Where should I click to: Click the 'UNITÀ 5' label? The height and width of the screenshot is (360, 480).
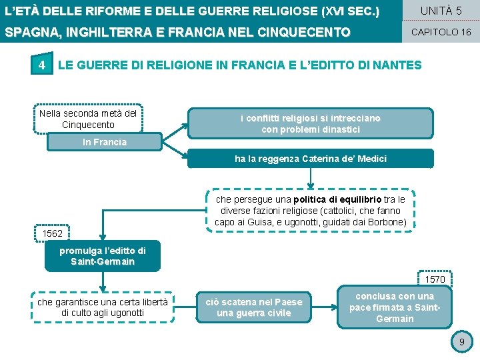441,11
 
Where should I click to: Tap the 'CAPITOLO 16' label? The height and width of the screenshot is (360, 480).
441,32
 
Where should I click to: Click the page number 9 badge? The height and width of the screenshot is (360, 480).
460,343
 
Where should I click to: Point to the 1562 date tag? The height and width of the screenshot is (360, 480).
53,234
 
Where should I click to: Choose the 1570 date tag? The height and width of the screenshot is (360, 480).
435,279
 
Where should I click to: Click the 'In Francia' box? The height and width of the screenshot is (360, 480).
105,142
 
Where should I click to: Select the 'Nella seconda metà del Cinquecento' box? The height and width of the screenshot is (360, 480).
88,119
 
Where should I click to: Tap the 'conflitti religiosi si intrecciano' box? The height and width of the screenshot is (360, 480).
311,123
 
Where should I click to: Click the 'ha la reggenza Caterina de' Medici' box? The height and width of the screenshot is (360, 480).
311,159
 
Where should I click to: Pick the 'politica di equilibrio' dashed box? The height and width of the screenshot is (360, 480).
311,211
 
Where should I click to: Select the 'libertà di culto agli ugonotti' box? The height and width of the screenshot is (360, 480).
102,307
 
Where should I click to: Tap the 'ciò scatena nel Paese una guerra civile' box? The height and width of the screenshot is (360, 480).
254,307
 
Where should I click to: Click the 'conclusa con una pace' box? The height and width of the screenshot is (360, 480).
395,307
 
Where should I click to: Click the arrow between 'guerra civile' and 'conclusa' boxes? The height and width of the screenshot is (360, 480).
325,307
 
